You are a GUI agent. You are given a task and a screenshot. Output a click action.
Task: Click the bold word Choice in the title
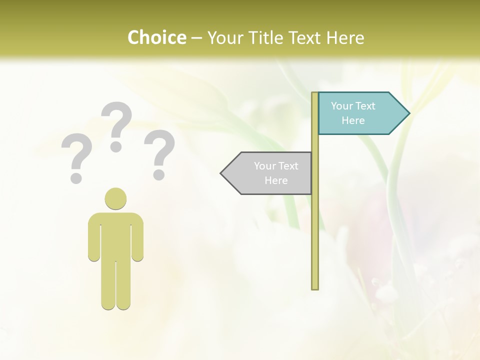(x=156, y=37)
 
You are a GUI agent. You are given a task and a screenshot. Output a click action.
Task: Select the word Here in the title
(x=345, y=37)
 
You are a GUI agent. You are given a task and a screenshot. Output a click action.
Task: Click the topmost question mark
(x=116, y=126)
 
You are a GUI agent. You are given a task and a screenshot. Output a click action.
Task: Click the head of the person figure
(x=115, y=198)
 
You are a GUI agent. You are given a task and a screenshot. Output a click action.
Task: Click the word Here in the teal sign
(x=353, y=120)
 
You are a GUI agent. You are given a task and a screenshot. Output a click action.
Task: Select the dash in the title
(x=196, y=37)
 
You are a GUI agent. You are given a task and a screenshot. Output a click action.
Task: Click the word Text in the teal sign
(x=365, y=106)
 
